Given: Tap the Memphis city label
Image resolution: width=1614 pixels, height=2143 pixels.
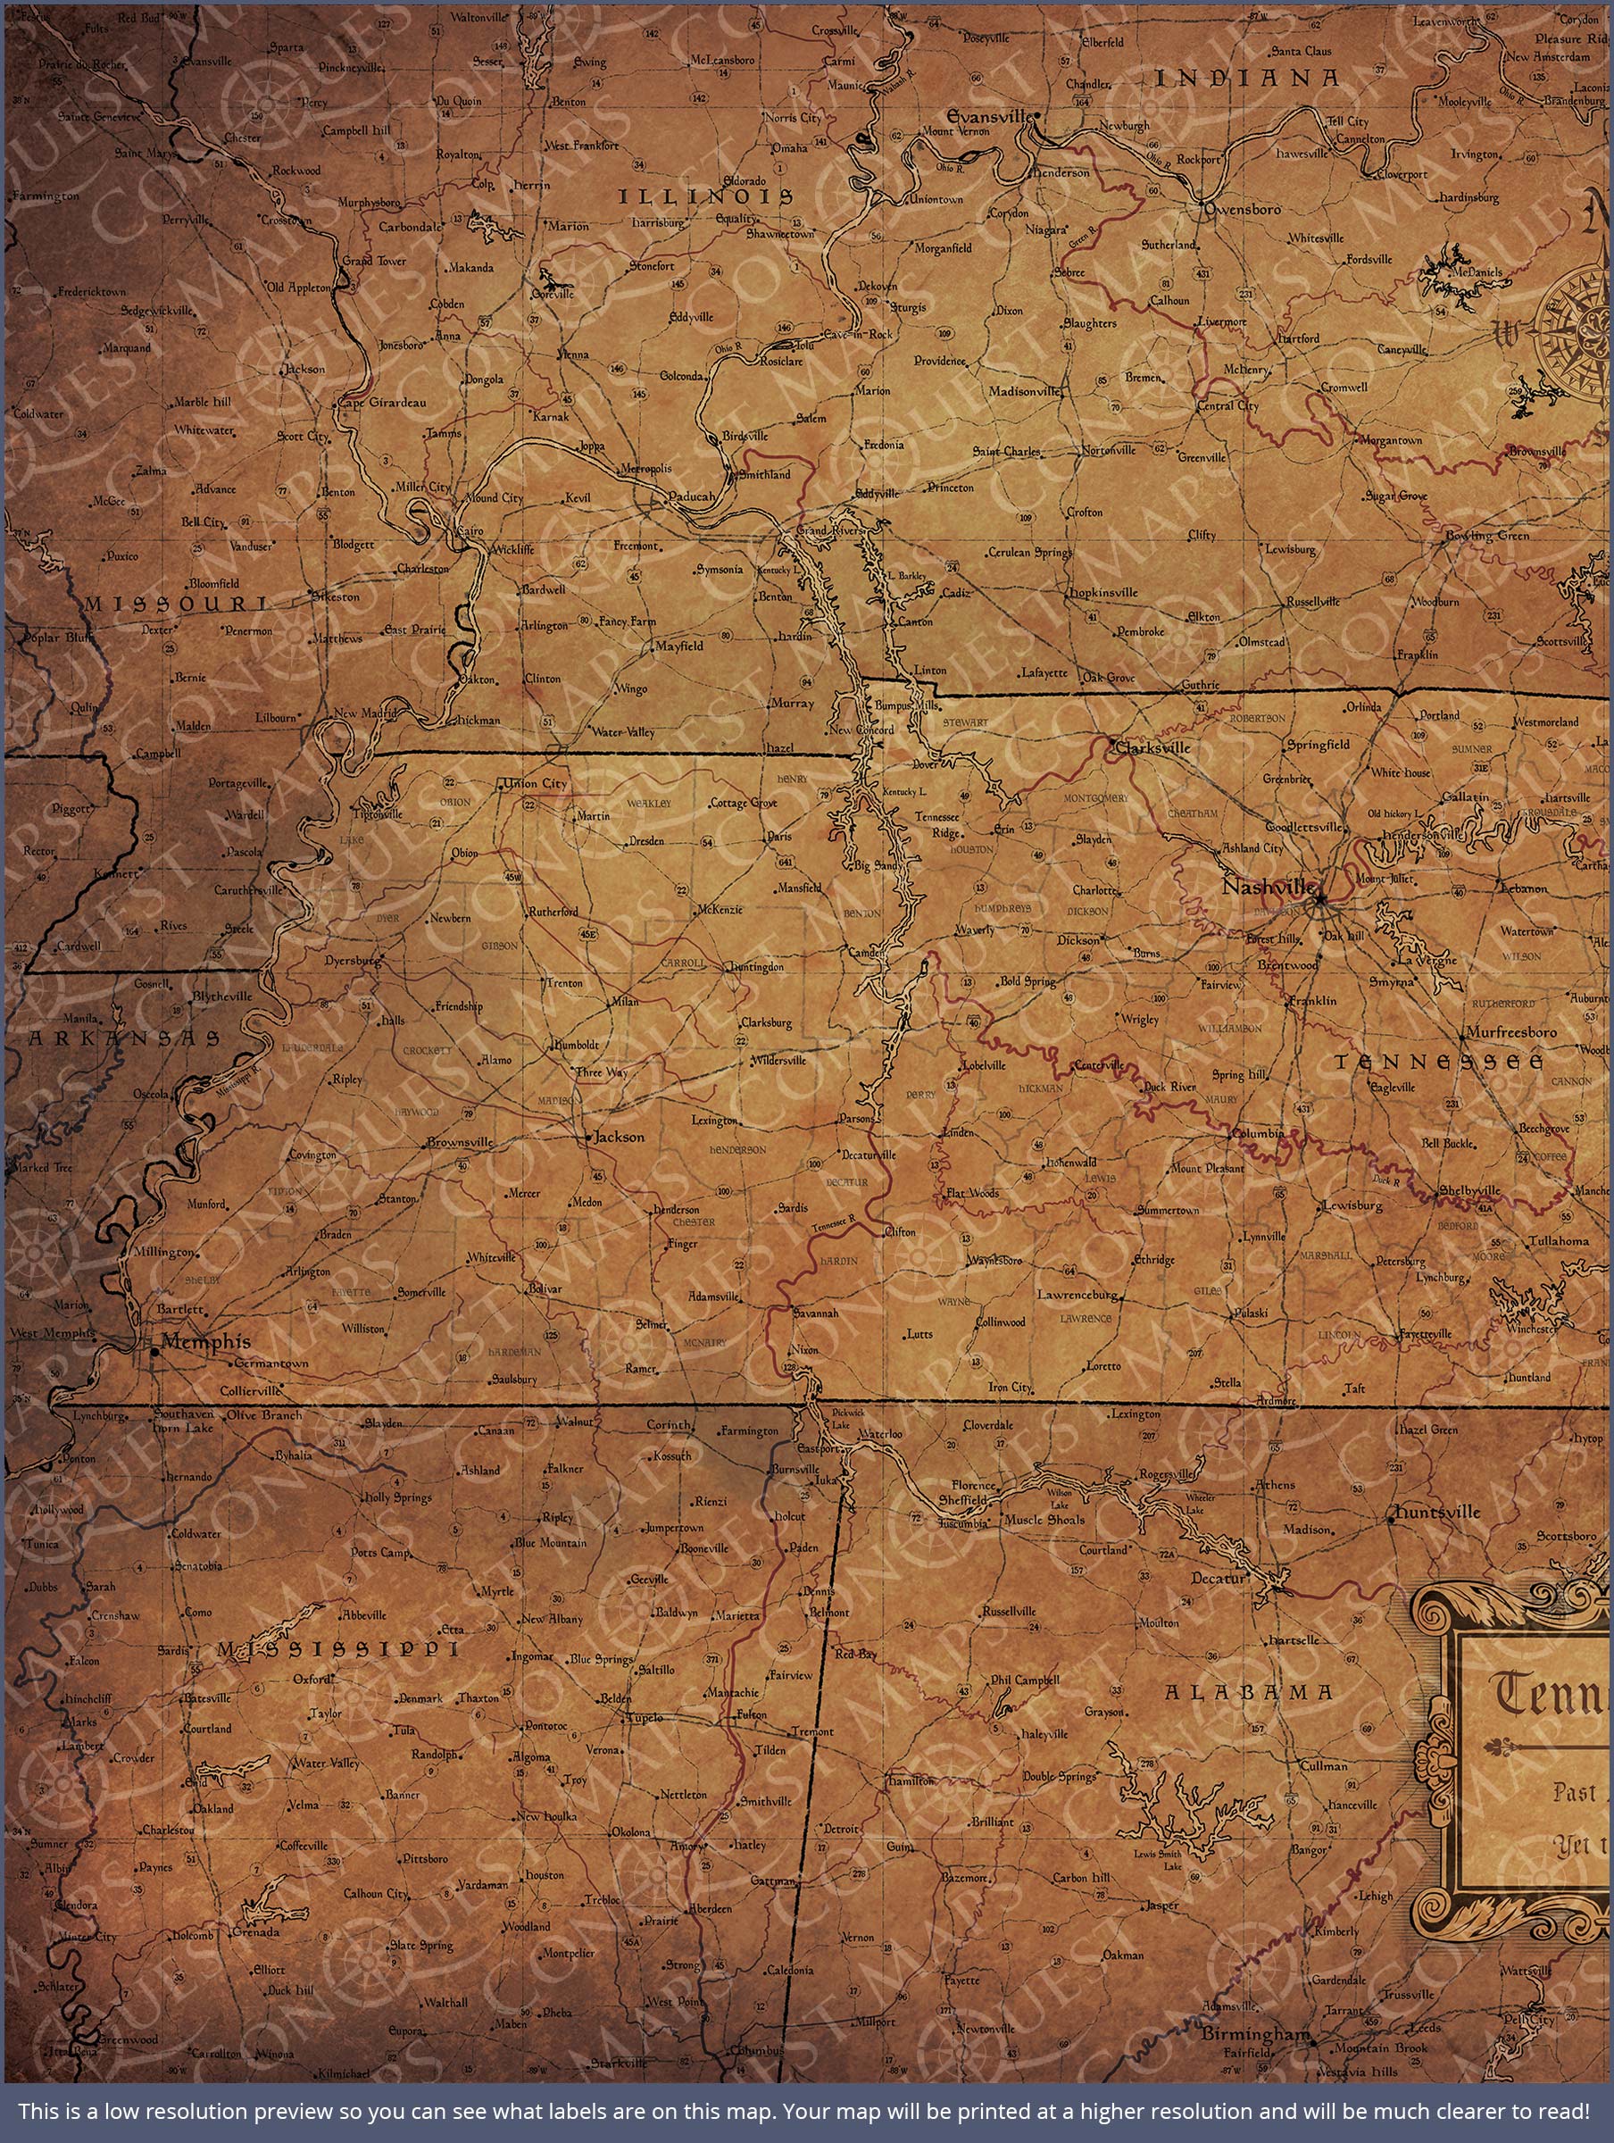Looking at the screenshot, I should coord(205,1342).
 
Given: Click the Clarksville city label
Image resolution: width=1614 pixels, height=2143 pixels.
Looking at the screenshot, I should coord(1152,748).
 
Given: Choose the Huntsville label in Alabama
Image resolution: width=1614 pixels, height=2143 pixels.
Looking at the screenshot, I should coord(1437,1513).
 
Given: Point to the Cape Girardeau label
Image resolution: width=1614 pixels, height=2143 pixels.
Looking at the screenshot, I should coord(382,402).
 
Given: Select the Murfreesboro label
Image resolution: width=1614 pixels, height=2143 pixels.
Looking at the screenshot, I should coord(1511,1032).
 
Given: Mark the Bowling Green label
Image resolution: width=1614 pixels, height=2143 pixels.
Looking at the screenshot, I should coord(1487,536).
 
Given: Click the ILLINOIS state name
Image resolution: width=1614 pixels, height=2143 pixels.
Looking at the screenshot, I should coord(706,196).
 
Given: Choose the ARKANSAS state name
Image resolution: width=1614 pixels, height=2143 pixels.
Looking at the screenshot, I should coord(124,1038).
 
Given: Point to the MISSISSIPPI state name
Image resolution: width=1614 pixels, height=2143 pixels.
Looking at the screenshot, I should coord(337,1650).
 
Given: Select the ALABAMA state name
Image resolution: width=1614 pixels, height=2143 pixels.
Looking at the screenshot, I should coord(1248,1692).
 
